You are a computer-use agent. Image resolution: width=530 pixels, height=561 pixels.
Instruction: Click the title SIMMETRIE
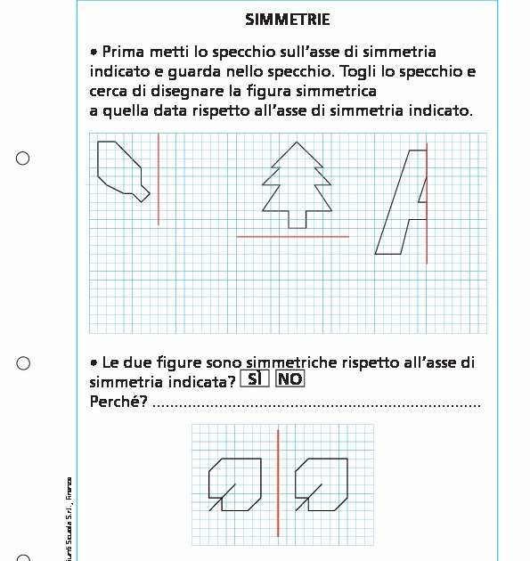[x=287, y=20]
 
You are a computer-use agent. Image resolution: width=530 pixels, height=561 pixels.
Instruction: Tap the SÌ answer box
[x=255, y=378]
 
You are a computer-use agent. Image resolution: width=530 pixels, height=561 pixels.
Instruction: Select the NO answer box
[x=289, y=378]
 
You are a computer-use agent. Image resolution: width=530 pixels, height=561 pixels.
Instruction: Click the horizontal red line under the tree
[x=292, y=237]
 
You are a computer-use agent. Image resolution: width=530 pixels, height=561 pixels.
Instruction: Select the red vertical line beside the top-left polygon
[x=159, y=178]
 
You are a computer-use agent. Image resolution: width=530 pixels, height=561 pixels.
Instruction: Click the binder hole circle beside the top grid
[x=23, y=159]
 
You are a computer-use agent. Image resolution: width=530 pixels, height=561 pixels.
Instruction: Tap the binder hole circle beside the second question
[x=23, y=363]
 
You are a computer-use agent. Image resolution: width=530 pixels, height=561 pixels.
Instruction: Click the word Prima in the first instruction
[x=123, y=53]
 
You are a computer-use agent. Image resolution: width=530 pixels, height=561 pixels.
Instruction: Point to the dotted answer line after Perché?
[x=316, y=405]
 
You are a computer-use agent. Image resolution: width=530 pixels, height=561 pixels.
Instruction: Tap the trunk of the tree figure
[x=297, y=219]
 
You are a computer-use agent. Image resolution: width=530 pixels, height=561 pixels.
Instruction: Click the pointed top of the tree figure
[x=297, y=144]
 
